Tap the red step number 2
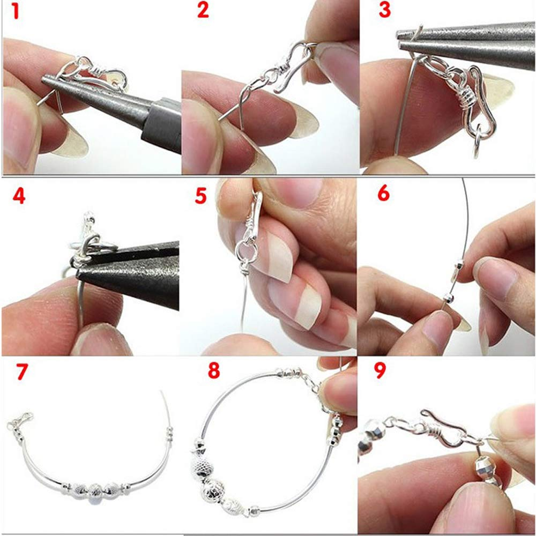pyautogui.click(x=203, y=10)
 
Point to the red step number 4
pyautogui.click(x=19, y=197)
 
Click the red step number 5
pyautogui.click(x=200, y=196)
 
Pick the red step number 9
pyautogui.click(x=380, y=372)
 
